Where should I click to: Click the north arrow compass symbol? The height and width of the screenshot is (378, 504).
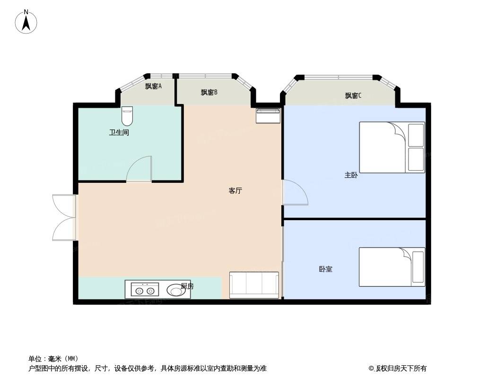26,22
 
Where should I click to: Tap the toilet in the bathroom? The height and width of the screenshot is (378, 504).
127,116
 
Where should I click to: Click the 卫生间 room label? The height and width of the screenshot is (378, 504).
119,132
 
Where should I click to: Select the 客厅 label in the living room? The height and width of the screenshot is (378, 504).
235,190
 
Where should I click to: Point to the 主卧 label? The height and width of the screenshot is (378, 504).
351,175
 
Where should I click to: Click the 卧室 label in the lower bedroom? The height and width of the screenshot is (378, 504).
326,269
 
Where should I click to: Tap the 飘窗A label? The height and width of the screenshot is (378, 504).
153,86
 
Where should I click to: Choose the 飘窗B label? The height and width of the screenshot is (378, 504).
209,93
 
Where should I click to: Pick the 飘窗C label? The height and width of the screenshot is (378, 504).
353,95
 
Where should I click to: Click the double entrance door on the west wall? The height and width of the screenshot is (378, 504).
64,217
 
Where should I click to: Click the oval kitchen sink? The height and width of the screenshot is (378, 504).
176,290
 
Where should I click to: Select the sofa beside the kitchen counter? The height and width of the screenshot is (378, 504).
254,285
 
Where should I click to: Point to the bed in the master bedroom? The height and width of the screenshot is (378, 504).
392,147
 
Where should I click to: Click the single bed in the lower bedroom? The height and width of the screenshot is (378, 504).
392,267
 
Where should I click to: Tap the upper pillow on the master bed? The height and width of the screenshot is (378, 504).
416,135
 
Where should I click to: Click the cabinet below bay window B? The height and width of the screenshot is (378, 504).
268,116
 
